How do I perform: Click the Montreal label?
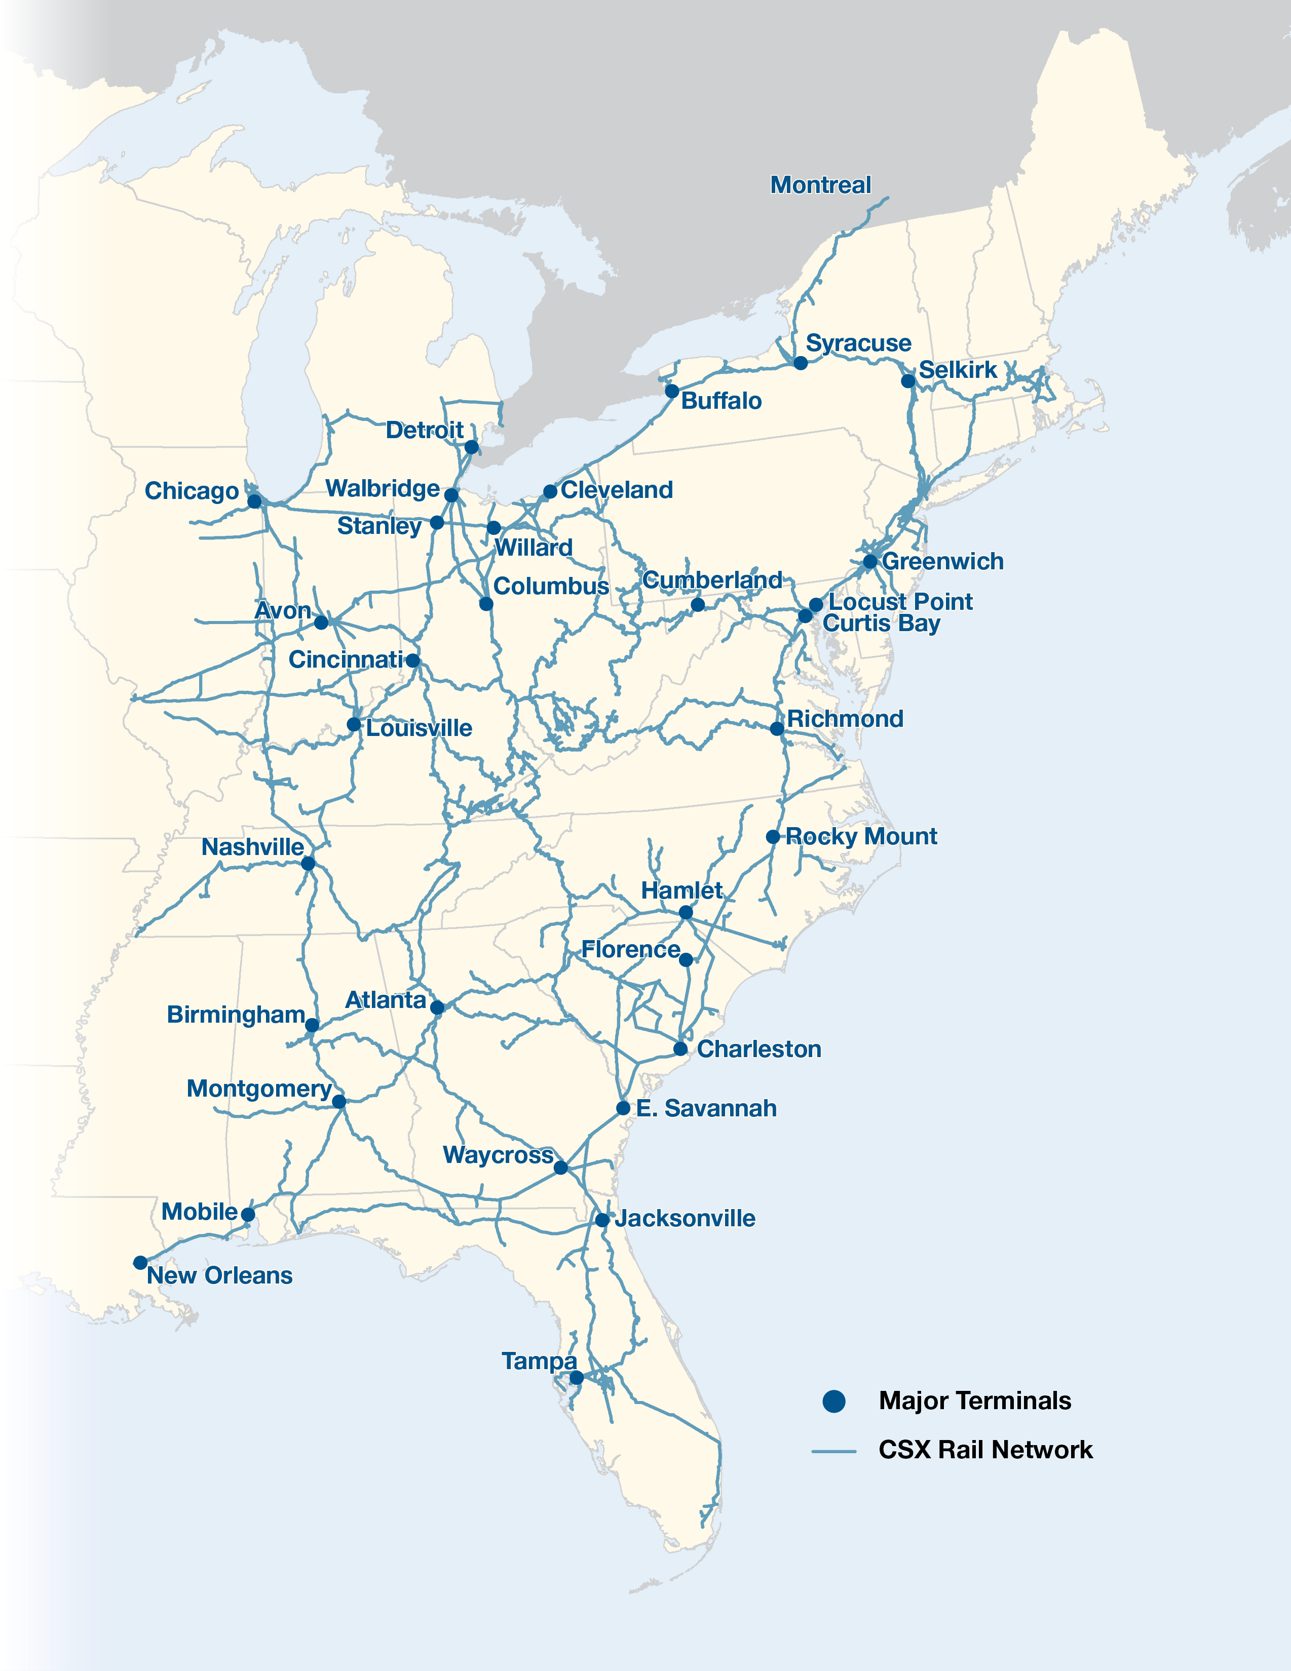[x=820, y=185]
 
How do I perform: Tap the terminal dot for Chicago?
[x=255, y=502]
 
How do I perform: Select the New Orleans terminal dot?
[x=140, y=1262]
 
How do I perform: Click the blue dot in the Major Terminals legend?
[x=833, y=1401]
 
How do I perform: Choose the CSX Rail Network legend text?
[x=985, y=1450]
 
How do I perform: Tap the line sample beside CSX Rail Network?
[x=833, y=1451]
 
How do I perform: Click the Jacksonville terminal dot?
[x=602, y=1220]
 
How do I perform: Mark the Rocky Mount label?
[x=861, y=836]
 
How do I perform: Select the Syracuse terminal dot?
[x=801, y=363]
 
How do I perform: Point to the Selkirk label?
[x=957, y=370]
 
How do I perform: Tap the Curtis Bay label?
[x=881, y=624]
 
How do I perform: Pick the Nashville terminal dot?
[x=308, y=863]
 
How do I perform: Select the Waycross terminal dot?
[x=561, y=1168]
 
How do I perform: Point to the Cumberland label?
[x=712, y=580]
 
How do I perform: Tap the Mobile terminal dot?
[x=248, y=1214]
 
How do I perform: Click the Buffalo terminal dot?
[x=672, y=391]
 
